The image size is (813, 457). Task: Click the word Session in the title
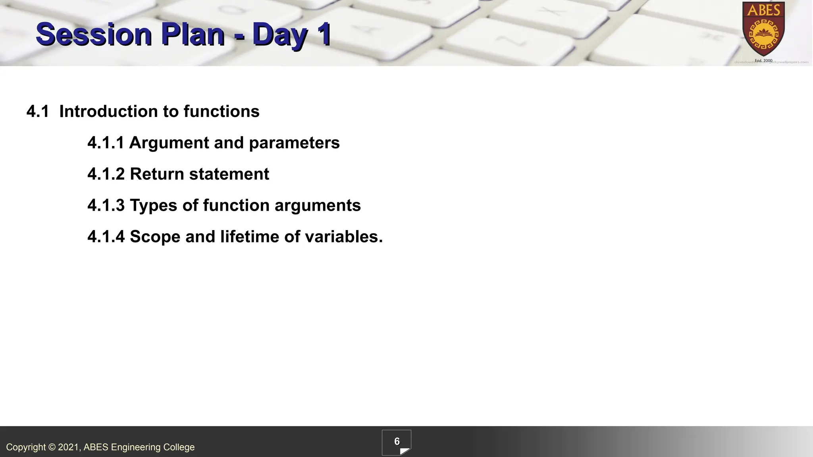coord(94,35)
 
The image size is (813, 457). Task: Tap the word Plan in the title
coord(193,35)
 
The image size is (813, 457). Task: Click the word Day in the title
coord(279,35)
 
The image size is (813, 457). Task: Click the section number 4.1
coord(38,111)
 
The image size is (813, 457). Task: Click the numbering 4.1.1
coord(106,143)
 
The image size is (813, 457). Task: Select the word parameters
coord(294,143)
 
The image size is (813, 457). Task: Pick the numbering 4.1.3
coord(106,205)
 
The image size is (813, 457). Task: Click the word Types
coord(153,205)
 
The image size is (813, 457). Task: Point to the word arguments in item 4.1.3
coord(318,205)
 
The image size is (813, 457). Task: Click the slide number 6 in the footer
coord(397,442)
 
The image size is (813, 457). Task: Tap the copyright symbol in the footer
coord(52,447)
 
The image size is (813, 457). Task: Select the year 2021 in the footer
coord(69,447)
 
